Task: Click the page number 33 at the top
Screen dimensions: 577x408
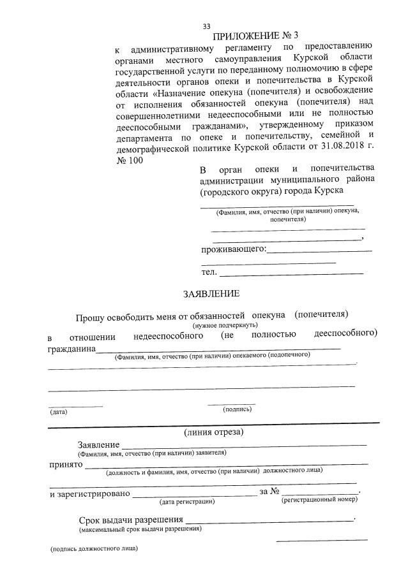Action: pos(206,26)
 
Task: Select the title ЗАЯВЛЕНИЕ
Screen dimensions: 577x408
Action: pos(211,294)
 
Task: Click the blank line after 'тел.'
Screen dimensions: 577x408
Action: pos(291,273)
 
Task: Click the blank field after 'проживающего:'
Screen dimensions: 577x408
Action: pos(319,251)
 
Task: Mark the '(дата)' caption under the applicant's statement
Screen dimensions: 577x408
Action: pos(59,412)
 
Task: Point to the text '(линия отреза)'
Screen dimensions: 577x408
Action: pos(213,432)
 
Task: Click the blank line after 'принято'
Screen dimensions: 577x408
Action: pos(227,464)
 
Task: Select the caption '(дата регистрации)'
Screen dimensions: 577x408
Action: pos(187,502)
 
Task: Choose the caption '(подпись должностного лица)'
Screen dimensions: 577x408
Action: pos(94,549)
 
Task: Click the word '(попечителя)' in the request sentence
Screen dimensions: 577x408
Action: pos(321,314)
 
